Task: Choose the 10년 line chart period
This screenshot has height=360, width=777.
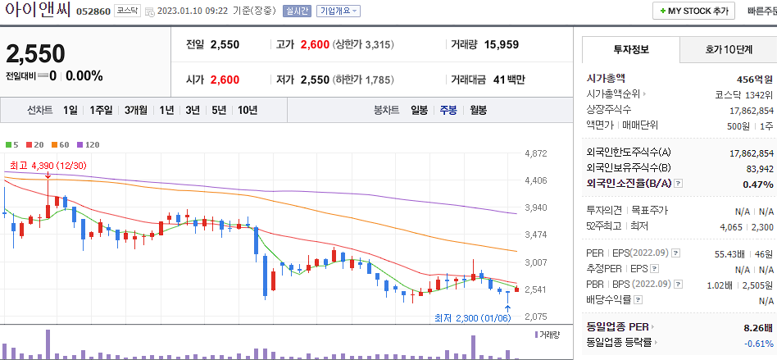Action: tap(247, 110)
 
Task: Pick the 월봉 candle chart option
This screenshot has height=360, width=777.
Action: tap(478, 110)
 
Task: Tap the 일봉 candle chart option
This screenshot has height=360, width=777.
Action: tap(419, 110)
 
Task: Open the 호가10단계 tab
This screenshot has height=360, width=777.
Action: tap(728, 49)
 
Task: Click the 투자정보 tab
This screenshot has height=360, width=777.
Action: tap(630, 49)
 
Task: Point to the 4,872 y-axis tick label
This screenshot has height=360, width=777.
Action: tap(536, 153)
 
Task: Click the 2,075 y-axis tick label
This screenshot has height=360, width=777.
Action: tap(536, 317)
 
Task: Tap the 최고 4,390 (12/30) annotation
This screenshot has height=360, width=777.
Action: tap(48, 166)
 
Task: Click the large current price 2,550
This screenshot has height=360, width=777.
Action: tap(35, 54)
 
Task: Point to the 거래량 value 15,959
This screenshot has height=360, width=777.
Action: tap(501, 44)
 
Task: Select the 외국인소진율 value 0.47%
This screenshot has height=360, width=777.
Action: tap(757, 185)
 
